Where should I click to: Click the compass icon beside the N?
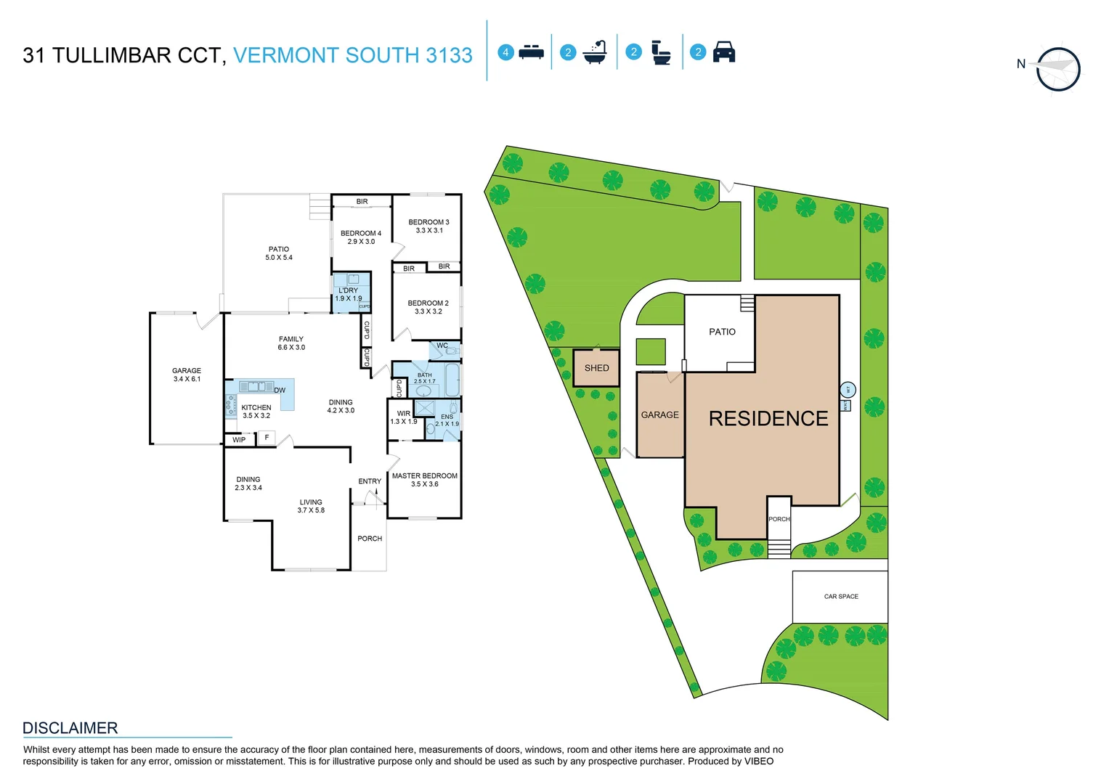(1058, 69)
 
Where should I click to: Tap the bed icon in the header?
(532, 52)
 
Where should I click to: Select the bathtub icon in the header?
(595, 52)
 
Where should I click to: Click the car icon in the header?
(724, 52)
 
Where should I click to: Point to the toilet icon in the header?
(661, 52)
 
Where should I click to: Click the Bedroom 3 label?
(428, 226)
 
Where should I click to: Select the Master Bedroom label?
(425, 480)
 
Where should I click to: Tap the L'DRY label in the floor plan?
(348, 294)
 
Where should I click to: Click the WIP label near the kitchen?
(239, 440)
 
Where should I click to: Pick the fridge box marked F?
(267, 438)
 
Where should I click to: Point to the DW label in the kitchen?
(280, 391)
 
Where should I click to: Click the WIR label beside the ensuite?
(404, 417)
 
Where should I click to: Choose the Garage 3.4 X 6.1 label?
(187, 375)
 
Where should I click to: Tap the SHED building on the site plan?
(596, 368)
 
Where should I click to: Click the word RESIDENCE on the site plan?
(768, 419)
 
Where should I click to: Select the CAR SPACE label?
(841, 597)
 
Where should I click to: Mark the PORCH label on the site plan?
(779, 519)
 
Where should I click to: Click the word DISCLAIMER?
(70, 728)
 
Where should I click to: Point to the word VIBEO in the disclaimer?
(758, 761)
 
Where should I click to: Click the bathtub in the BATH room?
(452, 379)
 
